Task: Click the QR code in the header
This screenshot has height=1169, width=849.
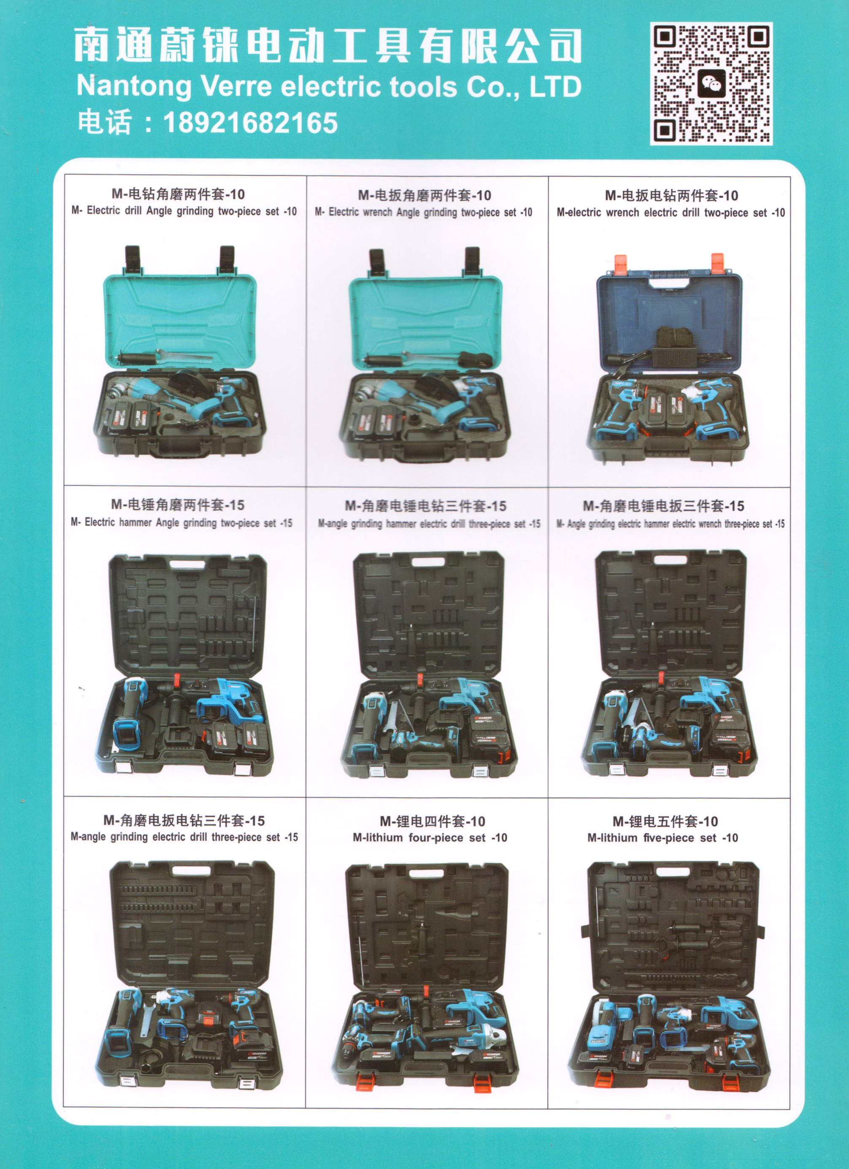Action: [x=711, y=84]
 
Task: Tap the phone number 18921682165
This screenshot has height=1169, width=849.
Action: [x=251, y=123]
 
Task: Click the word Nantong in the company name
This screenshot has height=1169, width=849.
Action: [x=133, y=86]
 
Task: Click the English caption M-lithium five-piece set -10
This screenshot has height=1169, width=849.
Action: [x=662, y=838]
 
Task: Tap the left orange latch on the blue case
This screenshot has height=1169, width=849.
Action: [x=623, y=264]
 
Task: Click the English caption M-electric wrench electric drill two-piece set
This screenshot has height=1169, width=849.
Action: [x=670, y=213]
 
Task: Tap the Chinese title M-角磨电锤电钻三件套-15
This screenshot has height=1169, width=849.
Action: [x=425, y=506]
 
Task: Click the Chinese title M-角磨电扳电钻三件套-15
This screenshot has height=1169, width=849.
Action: [x=184, y=820]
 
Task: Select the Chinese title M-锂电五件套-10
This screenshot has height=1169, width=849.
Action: [x=665, y=821]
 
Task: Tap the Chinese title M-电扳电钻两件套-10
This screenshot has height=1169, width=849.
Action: [x=671, y=196]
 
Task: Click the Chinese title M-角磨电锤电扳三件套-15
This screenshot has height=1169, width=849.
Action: [x=663, y=506]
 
